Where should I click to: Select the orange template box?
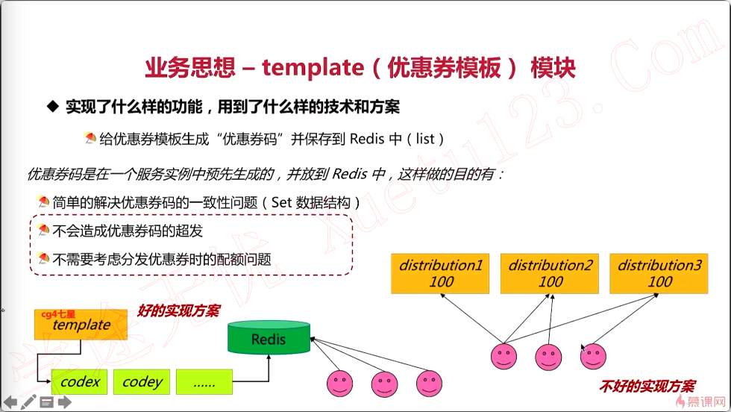pos(81,325)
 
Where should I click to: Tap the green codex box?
pos(80,381)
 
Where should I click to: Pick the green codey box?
pos(142,381)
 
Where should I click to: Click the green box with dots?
pos(204,381)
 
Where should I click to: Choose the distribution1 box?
pos(441,273)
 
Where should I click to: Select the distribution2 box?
pos(550,273)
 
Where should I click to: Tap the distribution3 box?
pos(659,273)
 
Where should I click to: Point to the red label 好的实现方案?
pos(178,310)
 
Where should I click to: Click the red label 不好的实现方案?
pos(647,387)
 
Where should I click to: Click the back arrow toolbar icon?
pos(10,402)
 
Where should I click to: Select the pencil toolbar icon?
pos(28,402)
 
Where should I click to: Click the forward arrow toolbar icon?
pos(65,402)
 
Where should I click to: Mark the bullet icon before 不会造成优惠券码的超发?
pos(44,231)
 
